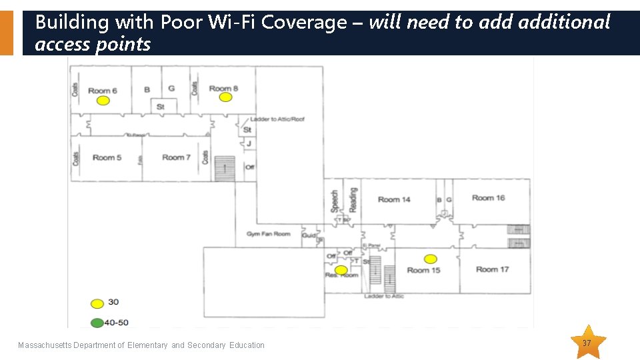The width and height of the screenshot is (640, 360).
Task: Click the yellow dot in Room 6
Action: coord(103,101)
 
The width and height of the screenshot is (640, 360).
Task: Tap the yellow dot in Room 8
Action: coord(225,97)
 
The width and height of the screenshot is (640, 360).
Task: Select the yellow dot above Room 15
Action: coord(431,259)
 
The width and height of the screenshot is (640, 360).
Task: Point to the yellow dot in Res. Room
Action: coord(341,270)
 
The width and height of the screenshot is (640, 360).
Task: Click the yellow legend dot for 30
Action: coord(97,303)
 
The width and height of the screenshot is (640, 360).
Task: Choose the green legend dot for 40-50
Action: coord(97,323)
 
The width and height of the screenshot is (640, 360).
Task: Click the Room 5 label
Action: coord(107,157)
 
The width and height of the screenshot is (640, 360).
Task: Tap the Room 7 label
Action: coord(176,157)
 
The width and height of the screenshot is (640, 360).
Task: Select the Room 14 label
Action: coord(394,199)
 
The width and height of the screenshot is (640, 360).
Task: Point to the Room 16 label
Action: coord(489,197)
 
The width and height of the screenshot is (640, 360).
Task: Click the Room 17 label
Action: coord(492,269)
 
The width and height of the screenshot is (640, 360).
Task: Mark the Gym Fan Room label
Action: coord(268,234)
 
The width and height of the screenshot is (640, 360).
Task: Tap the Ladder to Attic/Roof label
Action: coord(277,119)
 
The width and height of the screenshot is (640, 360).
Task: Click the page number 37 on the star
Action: coord(587,343)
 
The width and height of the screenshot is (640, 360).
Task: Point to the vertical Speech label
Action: coord(335,201)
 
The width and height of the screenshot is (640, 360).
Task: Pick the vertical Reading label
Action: coord(353,199)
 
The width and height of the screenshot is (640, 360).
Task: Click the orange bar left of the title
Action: coord(6,33)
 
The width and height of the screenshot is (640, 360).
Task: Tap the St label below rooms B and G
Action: coord(161,107)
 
